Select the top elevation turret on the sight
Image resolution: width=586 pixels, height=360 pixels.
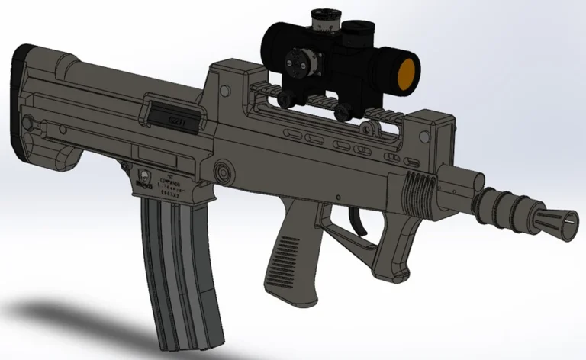[x=321, y=19]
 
